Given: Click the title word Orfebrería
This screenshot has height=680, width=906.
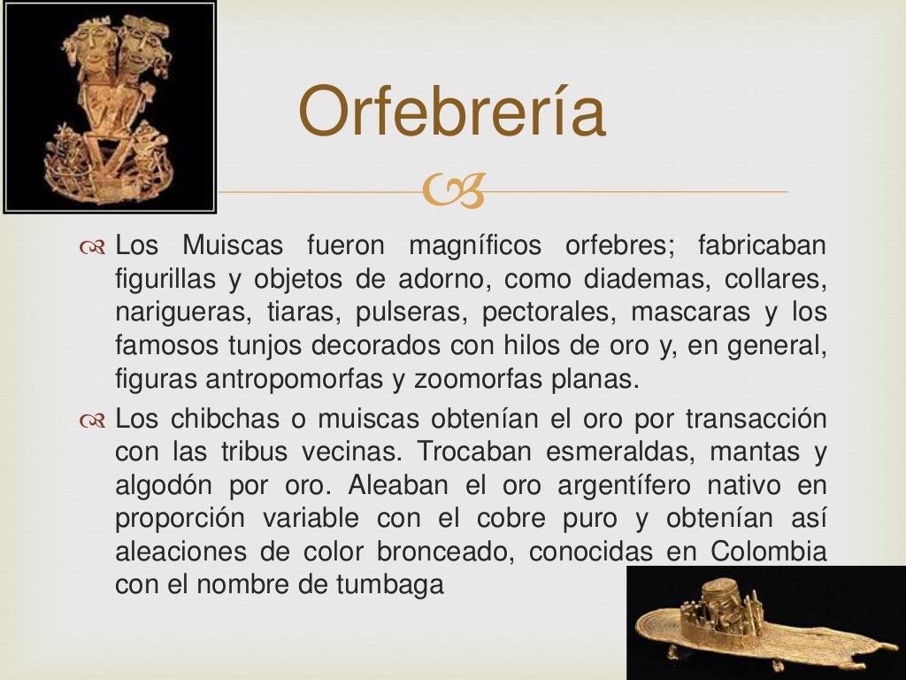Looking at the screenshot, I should point(451,113).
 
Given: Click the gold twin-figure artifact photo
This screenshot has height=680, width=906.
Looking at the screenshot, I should point(109,106).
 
